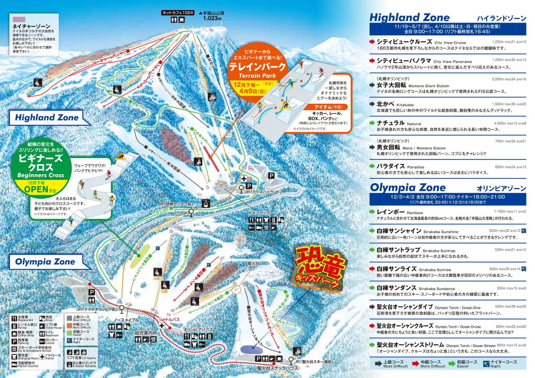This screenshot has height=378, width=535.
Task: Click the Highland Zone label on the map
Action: [x=47, y=118]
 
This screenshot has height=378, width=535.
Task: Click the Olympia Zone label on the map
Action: [x=45, y=262]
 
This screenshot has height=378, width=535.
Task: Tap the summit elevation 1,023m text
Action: [x=212, y=18]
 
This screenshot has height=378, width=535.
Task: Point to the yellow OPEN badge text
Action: [x=36, y=189]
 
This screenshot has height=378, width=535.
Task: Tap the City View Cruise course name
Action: [x=404, y=42]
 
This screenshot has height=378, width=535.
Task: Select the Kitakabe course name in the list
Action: [x=385, y=104]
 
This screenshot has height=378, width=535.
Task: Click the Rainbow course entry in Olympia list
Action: [x=391, y=212]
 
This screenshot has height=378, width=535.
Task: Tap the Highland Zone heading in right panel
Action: [x=409, y=18]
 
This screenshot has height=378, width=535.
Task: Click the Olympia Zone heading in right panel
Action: [x=408, y=187]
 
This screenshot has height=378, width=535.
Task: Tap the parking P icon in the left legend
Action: [x=14, y=341]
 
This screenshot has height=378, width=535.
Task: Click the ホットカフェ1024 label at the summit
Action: [x=178, y=13]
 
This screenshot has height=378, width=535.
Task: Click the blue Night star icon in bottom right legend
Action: [x=486, y=363]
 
